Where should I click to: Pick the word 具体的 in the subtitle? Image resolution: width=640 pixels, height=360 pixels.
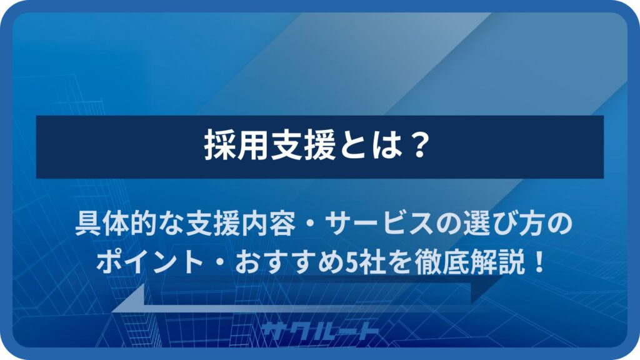pos(116,224)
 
